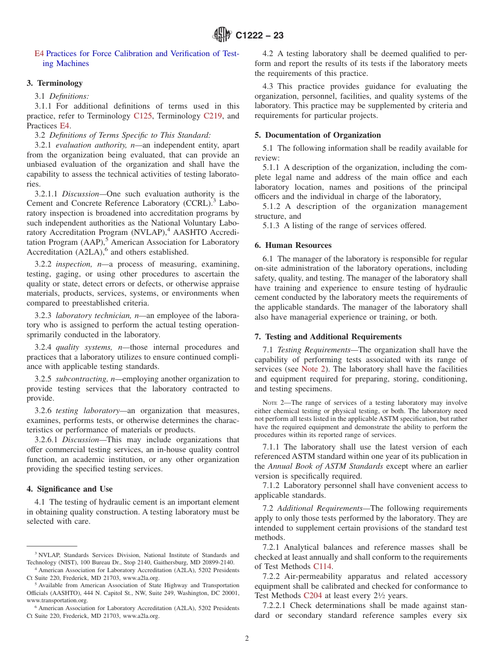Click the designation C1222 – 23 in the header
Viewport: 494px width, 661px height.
click(259, 36)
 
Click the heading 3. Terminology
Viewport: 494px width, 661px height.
click(55, 83)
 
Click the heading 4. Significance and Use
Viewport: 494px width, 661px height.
click(69, 489)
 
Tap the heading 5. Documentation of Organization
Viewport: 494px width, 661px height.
click(317, 135)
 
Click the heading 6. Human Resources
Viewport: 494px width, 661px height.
click(293, 245)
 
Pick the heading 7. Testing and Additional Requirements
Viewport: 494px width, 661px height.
click(328, 337)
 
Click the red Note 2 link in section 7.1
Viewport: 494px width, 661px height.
click(314, 369)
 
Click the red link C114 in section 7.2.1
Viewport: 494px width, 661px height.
click(322, 567)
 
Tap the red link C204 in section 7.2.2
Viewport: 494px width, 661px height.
click(313, 596)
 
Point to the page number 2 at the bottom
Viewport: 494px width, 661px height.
click(247, 638)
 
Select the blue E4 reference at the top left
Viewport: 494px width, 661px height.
click(39, 54)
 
